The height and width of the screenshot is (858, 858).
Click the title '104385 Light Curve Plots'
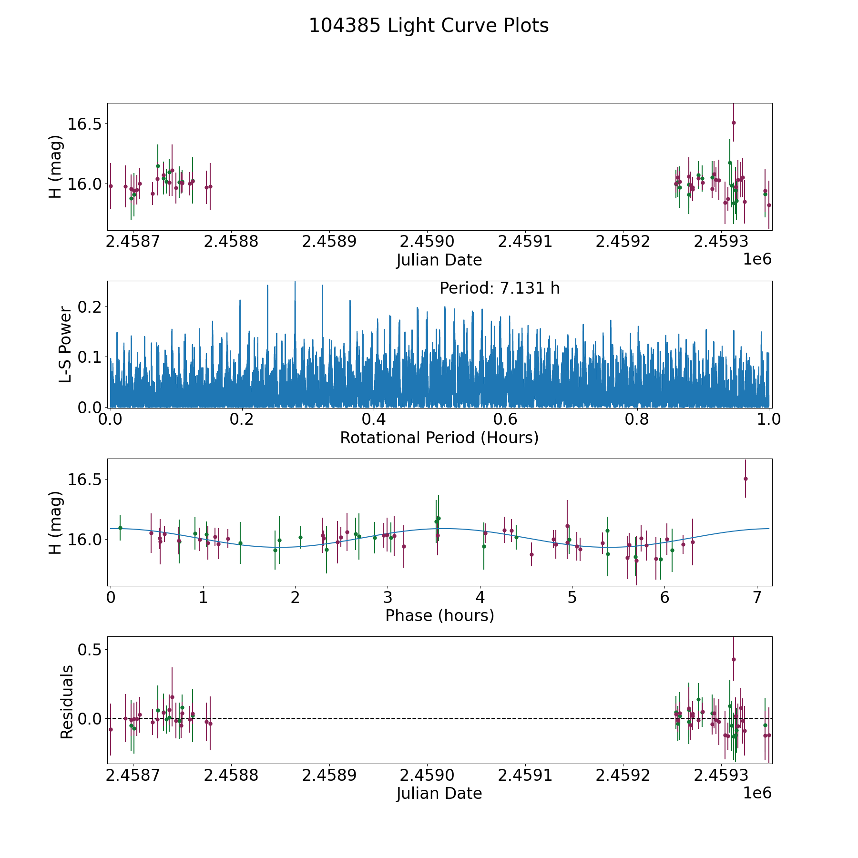(x=429, y=26)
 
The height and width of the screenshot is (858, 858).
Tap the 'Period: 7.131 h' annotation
(x=499, y=288)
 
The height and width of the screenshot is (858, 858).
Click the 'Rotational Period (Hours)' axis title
(x=439, y=438)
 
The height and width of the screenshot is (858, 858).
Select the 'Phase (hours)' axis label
(x=439, y=615)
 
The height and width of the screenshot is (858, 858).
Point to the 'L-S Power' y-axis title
(x=65, y=345)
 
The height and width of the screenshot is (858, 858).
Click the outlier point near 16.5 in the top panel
(x=734, y=123)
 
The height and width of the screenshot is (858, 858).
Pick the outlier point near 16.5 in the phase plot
(x=746, y=479)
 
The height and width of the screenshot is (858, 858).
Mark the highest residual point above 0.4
(x=734, y=660)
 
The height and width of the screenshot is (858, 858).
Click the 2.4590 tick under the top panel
(x=427, y=242)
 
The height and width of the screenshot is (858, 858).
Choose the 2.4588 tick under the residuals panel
(x=231, y=775)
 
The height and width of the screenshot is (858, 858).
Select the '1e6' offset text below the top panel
(x=757, y=260)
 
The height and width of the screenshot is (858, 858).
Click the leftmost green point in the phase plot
(x=120, y=528)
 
